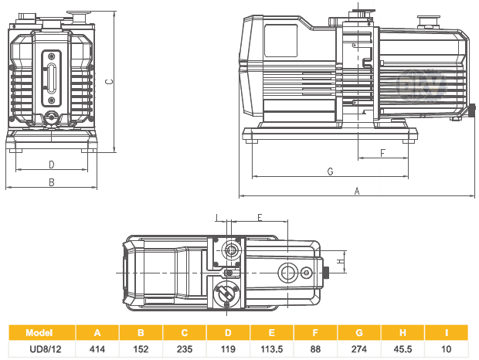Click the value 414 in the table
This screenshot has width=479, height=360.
(97, 349)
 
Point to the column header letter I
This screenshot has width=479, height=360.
(447, 333)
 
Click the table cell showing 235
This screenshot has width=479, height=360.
(185, 349)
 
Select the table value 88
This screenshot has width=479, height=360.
(314, 349)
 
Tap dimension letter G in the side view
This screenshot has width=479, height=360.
(330, 171)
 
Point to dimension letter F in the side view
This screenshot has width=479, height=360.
(383, 152)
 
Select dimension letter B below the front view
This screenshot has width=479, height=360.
(51, 182)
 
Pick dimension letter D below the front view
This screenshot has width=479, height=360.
(51, 164)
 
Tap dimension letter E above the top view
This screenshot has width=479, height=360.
(260, 217)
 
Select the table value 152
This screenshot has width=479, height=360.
(141, 349)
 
